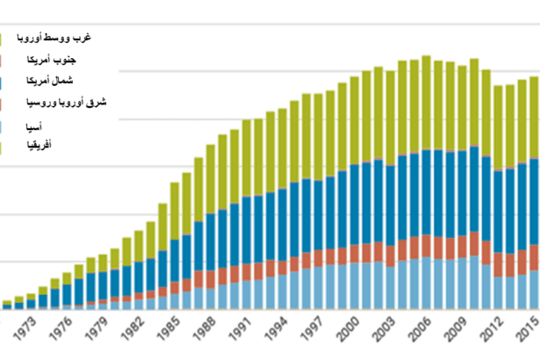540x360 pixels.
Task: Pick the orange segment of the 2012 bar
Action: point(498,264)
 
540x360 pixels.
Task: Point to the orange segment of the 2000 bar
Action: point(354,253)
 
